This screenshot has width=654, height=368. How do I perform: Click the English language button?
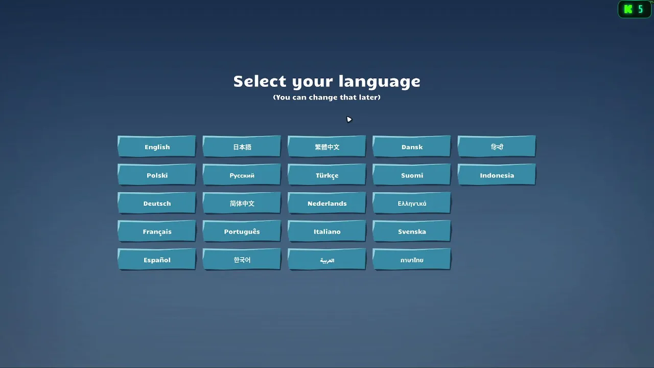coord(157,146)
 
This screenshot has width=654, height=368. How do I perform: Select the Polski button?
coord(157,174)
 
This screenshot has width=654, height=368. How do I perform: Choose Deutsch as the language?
coord(157,203)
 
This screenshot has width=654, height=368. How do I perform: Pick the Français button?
coord(157,231)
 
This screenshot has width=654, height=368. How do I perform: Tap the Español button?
coord(157,259)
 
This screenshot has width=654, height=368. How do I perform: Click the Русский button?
coord(242,174)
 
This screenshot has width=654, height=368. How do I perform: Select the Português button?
coord(242,231)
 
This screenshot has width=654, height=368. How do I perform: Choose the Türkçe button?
coord(326,174)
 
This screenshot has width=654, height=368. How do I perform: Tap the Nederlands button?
coord(326,203)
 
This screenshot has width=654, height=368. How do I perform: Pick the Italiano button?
coord(326,231)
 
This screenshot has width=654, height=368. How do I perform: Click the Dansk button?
coord(412,146)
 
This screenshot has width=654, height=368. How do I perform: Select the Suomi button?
coord(412,174)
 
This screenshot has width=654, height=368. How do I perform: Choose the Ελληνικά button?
coord(412,203)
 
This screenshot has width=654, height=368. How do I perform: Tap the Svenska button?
coord(412,231)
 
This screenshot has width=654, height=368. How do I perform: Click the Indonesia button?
coord(497,174)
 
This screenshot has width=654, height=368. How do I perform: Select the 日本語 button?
coord(242,146)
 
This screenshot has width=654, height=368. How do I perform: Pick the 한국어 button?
coord(242,259)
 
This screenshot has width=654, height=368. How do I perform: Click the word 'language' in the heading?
coord(379,82)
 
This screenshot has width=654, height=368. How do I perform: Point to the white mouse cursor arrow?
coord(349,120)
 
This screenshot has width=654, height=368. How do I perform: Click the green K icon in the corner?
coord(628,9)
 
